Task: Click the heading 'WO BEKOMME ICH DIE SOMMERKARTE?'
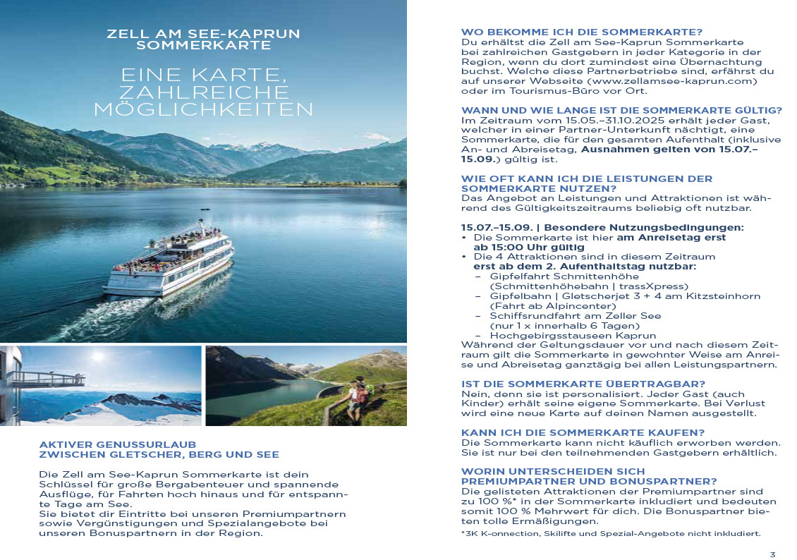(x=582, y=32)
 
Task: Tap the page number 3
(x=772, y=554)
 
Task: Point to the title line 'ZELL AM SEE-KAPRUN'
(x=203, y=33)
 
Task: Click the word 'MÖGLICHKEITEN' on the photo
(x=203, y=109)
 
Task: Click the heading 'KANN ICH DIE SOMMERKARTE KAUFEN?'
(x=583, y=432)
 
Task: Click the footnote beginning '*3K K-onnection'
(x=610, y=533)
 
